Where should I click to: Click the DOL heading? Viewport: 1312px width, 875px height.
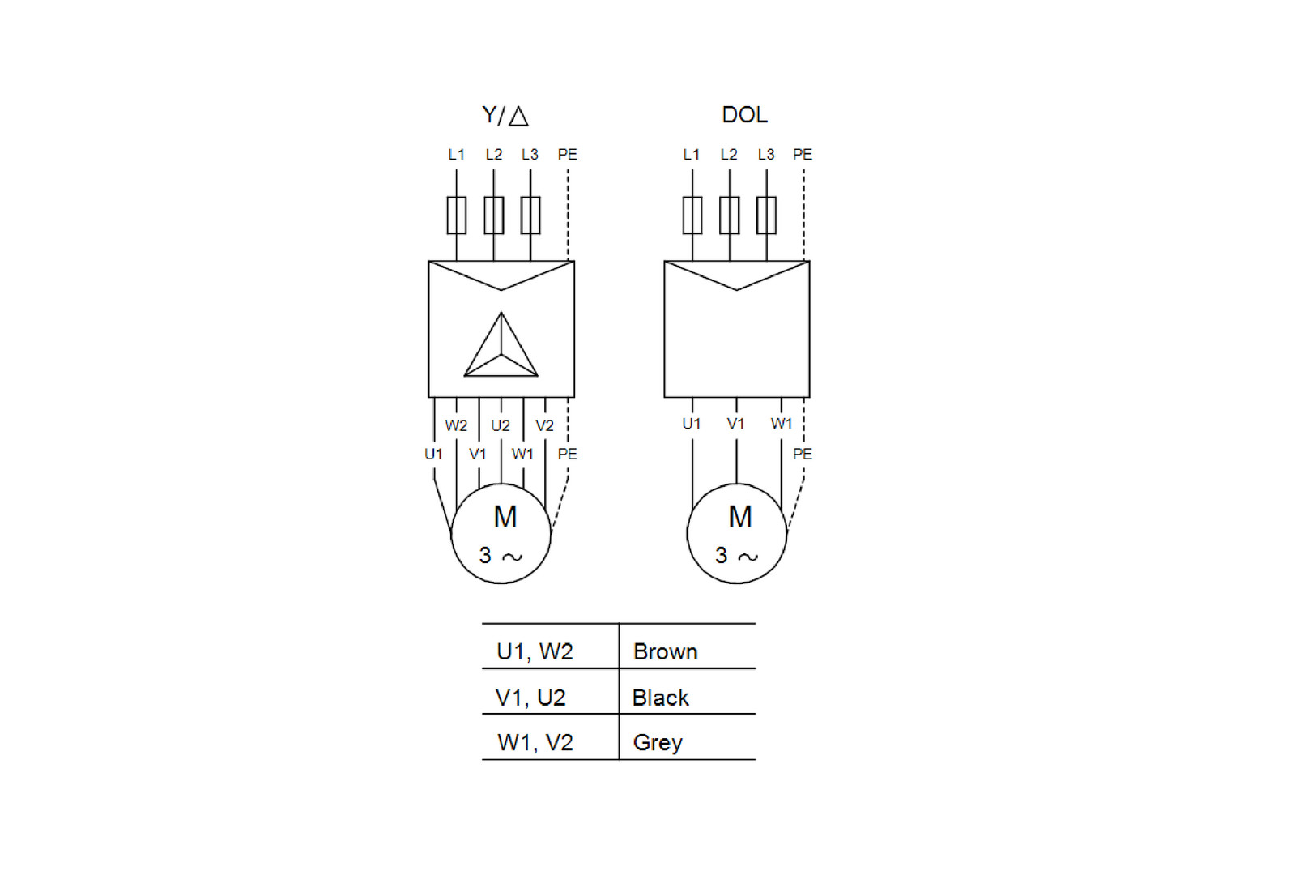744,115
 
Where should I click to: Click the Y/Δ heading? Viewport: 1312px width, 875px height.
505,116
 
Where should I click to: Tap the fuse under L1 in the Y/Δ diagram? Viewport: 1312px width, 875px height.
457,216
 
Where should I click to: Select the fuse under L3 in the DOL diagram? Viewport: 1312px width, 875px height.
766,216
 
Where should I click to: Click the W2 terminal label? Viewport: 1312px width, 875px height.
456,425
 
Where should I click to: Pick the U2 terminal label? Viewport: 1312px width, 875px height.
501,425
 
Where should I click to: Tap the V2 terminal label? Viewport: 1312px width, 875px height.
544,425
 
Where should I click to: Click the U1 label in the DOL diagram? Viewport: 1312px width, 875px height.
692,424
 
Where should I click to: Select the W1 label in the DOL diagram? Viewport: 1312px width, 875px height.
782,424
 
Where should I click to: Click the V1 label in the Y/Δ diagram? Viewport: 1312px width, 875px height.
478,455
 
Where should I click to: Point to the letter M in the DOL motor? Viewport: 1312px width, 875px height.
740,517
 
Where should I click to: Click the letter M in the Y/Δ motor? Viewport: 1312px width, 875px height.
505,517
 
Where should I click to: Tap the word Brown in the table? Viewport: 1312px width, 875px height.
665,652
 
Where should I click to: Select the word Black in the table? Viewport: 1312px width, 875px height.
660,698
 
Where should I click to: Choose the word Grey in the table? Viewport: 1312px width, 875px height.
658,743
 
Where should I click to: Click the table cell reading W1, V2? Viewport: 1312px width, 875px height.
535,743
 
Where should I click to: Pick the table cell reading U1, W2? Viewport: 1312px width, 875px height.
535,652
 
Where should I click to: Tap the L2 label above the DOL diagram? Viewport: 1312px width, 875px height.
729,155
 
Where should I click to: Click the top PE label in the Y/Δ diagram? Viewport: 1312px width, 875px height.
567,155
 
